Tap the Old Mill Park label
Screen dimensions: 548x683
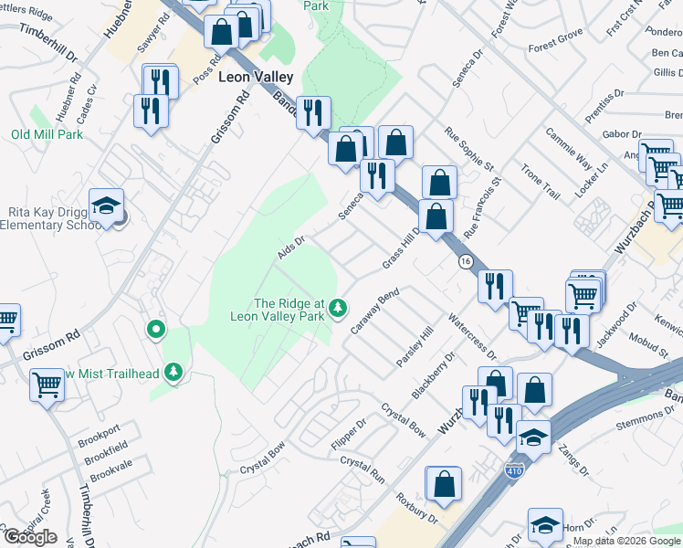[x=47, y=134]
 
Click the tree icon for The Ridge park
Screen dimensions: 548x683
[x=339, y=307]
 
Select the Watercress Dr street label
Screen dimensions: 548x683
[x=471, y=336]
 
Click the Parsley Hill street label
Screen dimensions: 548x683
[x=414, y=348]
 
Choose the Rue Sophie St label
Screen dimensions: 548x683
[x=468, y=149]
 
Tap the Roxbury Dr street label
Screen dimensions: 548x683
[x=418, y=509]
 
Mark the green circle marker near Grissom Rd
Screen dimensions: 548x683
[x=156, y=329]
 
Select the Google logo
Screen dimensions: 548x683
[x=31, y=537]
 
